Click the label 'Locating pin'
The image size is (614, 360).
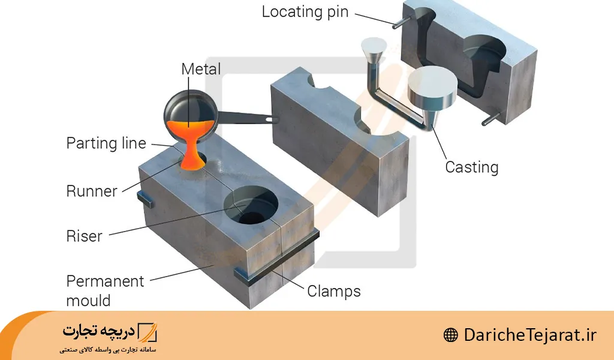point(305,13)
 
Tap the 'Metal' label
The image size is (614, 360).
point(201,69)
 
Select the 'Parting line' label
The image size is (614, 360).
point(106,143)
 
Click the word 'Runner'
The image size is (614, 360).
point(91,191)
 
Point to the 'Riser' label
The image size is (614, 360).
point(85,236)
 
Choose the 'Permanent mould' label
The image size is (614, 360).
point(105,290)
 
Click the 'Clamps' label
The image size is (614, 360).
point(334,292)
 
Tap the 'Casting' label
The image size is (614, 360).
point(471,167)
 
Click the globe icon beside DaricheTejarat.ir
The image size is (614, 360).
point(451,335)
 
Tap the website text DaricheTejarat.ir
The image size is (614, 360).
point(531,335)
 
